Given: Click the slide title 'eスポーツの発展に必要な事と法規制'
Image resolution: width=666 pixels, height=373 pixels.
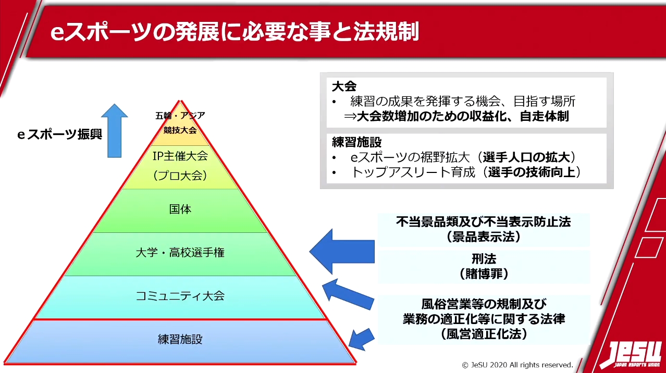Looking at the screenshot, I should pyautogui.click(x=235, y=32).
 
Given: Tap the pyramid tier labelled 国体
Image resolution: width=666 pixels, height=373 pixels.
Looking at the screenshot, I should pyautogui.click(x=180, y=209).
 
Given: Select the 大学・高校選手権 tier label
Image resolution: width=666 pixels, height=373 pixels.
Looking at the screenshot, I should pyautogui.click(x=180, y=253).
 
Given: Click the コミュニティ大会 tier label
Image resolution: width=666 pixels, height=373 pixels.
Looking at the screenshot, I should pyautogui.click(x=180, y=296).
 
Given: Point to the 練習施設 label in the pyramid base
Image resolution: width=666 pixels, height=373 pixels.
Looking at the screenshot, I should pyautogui.click(x=180, y=340).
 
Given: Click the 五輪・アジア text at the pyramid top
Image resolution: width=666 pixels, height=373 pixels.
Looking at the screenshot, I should pyautogui.click(x=180, y=116).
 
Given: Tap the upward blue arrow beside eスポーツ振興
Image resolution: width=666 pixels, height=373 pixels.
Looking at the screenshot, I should pyautogui.click(x=114, y=130).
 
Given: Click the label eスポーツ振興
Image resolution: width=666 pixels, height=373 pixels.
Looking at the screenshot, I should pyautogui.click(x=59, y=134).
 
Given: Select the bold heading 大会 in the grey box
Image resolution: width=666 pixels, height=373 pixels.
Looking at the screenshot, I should pyautogui.click(x=344, y=86).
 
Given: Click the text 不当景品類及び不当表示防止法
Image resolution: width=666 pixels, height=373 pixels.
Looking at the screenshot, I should pyautogui.click(x=483, y=222).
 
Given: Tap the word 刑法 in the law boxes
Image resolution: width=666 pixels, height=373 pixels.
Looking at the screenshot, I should pyautogui.click(x=484, y=259).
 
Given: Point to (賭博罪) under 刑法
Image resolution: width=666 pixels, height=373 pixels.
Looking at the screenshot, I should pyautogui.click(x=484, y=273).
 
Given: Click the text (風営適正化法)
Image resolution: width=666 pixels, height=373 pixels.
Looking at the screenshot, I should pyautogui.click(x=484, y=334).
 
